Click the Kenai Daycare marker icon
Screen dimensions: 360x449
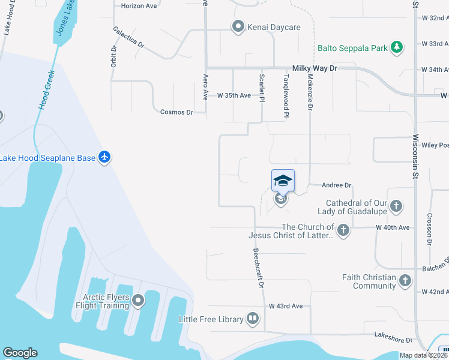[x=238, y=27]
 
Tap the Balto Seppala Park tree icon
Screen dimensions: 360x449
[x=396, y=47]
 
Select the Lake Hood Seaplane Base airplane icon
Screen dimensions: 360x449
[x=104, y=157]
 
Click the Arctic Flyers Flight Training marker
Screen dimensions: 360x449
[x=139, y=301]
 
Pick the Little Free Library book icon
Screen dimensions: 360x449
[x=253, y=319]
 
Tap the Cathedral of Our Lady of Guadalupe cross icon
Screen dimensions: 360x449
[x=395, y=207]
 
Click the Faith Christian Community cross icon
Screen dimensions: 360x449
[x=405, y=281]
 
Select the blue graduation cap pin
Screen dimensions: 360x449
[x=283, y=180]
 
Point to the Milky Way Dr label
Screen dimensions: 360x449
[x=315, y=69]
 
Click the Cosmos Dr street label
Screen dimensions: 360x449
[x=176, y=112]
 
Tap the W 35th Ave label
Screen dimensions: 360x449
[x=234, y=95]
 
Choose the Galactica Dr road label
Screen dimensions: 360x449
[x=128, y=37]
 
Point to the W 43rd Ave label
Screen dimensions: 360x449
[x=286, y=306]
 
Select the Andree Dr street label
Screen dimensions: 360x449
[x=336, y=186]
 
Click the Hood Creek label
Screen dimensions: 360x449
[x=47, y=90]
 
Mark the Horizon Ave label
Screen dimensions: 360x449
[x=139, y=5]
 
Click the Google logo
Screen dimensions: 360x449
[x=20, y=353]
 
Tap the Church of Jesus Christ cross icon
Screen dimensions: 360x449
[x=343, y=230]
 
